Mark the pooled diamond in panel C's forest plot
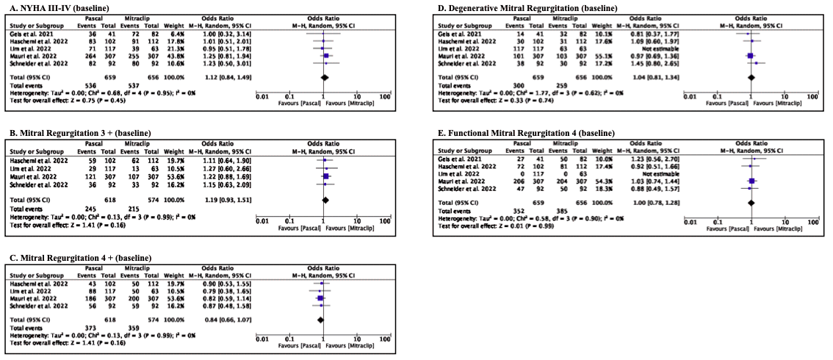(x=320, y=320)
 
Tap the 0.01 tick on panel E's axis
(x=689, y=219)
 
